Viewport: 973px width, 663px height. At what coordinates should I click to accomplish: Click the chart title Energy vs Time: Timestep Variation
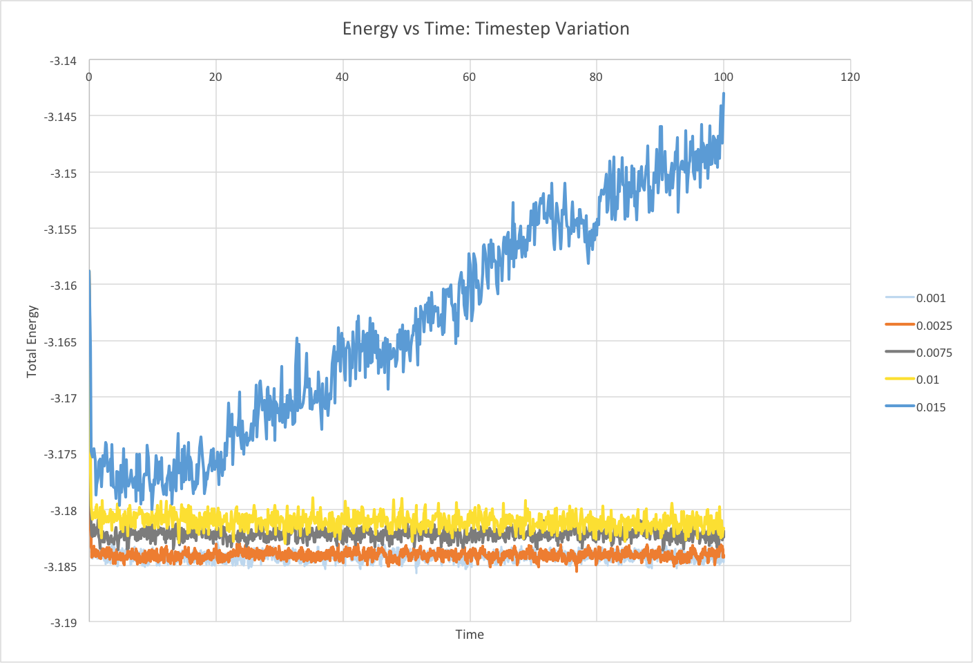pyautogui.click(x=485, y=29)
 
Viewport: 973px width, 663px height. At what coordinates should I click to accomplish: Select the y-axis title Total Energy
pyautogui.click(x=32, y=342)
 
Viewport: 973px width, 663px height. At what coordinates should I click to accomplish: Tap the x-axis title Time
pyautogui.click(x=470, y=635)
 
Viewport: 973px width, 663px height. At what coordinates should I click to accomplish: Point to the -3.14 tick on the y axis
pyautogui.click(x=63, y=61)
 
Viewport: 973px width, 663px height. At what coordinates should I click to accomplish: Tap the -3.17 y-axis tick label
pyautogui.click(x=63, y=398)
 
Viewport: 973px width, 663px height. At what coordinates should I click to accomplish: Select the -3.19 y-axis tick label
pyautogui.click(x=63, y=623)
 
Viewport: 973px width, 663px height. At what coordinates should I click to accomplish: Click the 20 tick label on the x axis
pyautogui.click(x=215, y=77)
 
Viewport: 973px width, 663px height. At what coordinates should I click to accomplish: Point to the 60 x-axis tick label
pyautogui.click(x=469, y=77)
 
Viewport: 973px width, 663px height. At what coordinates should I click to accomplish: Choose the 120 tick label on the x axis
pyautogui.click(x=850, y=77)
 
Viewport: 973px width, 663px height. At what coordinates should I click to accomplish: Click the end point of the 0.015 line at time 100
pyautogui.click(x=723, y=93)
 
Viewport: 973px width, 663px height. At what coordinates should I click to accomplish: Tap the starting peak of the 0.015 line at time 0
pyautogui.click(x=90, y=271)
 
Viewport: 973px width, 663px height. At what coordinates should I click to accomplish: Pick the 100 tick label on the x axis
pyautogui.click(x=723, y=77)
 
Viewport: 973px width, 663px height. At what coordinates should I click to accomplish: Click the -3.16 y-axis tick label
pyautogui.click(x=63, y=286)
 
